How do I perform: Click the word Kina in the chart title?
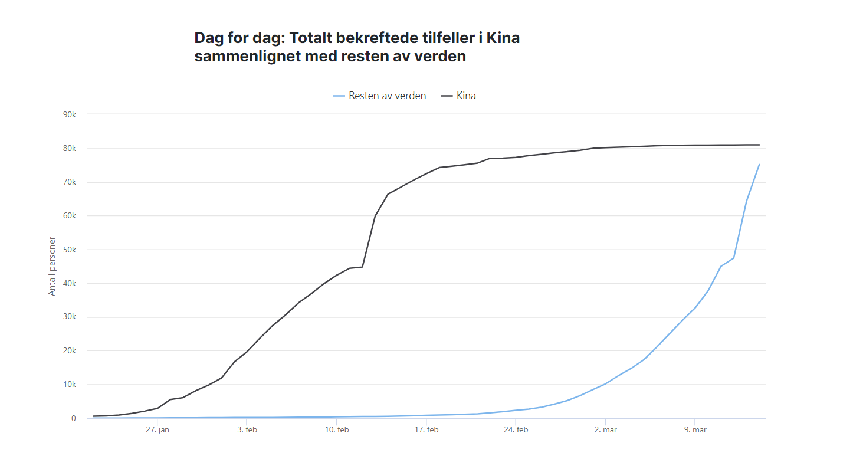point(504,38)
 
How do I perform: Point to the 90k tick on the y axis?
point(70,114)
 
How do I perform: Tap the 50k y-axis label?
point(70,250)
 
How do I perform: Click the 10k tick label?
point(70,385)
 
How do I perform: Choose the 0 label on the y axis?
point(74,418)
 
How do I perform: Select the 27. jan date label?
point(157,430)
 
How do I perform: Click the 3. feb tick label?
point(247,430)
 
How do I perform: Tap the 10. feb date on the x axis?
point(336,430)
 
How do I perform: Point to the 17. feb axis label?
point(426,430)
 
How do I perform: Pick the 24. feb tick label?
point(516,430)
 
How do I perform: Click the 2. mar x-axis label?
point(605,430)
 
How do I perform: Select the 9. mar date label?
point(695,430)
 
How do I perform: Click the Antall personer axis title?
point(52,266)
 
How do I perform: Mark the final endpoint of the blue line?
point(759,164)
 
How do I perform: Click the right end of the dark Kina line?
point(759,145)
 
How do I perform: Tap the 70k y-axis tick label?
point(70,182)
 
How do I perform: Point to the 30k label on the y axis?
point(70,317)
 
